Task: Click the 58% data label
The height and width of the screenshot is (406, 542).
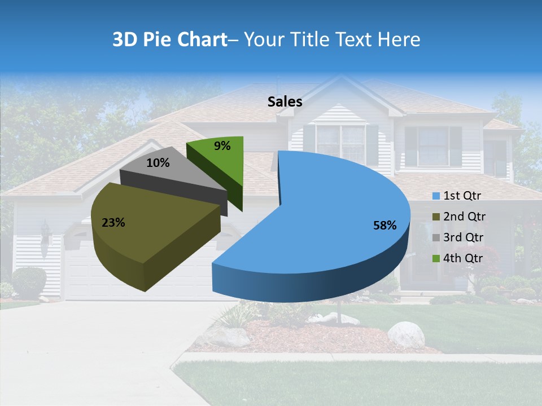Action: pos(384,226)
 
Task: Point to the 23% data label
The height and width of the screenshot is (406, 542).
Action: pos(113,223)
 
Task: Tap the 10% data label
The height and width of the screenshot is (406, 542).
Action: pos(158,163)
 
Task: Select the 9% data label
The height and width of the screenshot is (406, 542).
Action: pos(222,146)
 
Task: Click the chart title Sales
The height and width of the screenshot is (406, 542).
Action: pos(285,101)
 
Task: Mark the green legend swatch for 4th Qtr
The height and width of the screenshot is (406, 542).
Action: pos(436,259)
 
